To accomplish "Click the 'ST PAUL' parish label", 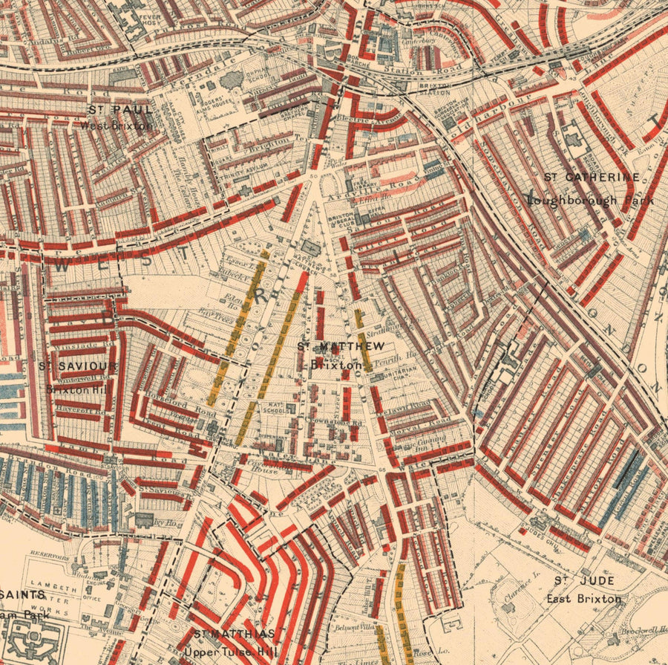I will click(120, 110).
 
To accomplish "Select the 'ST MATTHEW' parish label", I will click(341, 346).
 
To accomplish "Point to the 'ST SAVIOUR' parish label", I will click(78, 366).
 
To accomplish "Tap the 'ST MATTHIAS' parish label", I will click(235, 634).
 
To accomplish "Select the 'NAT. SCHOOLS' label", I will click(278, 409).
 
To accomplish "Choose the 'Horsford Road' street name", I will click(192, 406).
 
